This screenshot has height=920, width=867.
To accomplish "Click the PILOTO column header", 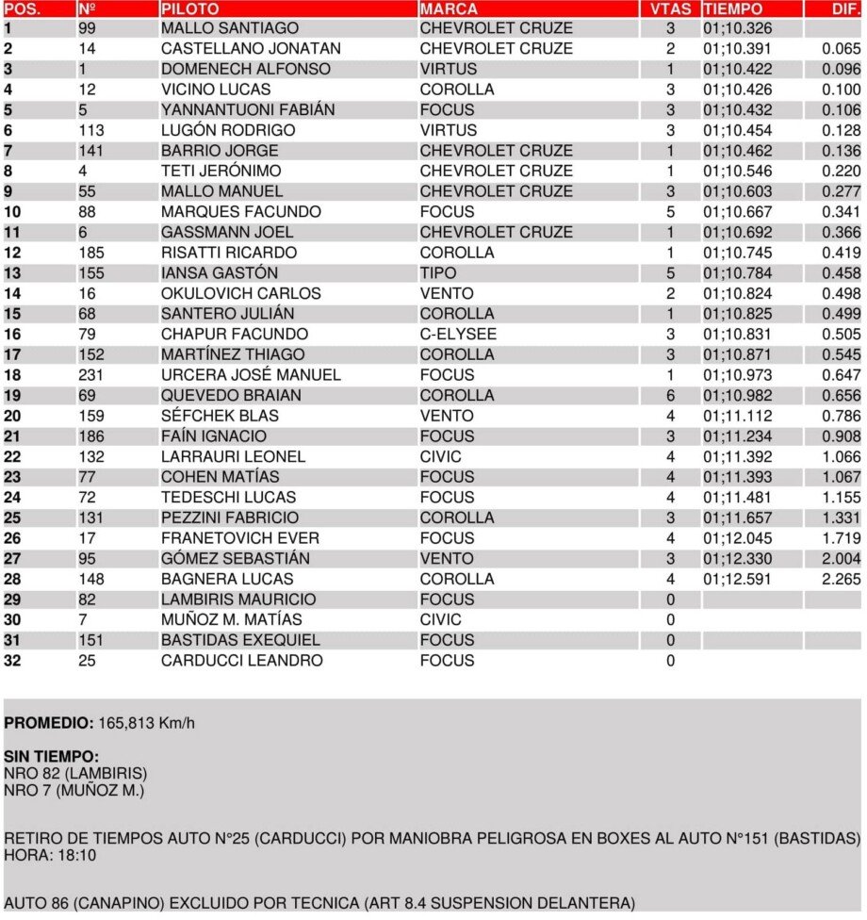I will pos(190,8).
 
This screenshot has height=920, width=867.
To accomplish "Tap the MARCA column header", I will pos(449,8).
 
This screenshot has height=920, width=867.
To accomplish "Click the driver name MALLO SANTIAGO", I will pos(230,28).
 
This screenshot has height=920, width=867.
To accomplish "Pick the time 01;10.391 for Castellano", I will pos(737,49).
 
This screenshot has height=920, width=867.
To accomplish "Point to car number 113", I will pos(91,130).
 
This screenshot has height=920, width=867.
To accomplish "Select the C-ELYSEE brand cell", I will pos(458,335).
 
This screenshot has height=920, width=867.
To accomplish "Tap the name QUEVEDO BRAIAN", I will pos(232,396).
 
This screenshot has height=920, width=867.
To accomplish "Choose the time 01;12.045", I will pos(737,538).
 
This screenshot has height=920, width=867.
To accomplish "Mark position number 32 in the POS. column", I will pos(12,661).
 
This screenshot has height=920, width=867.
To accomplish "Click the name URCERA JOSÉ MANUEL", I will pos(251,375).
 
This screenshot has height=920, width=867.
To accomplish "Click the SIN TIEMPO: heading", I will pos(51,757).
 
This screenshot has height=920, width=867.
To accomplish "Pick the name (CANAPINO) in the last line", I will pos(126,902).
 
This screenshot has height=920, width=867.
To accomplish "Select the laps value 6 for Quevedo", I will pos(670,396).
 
